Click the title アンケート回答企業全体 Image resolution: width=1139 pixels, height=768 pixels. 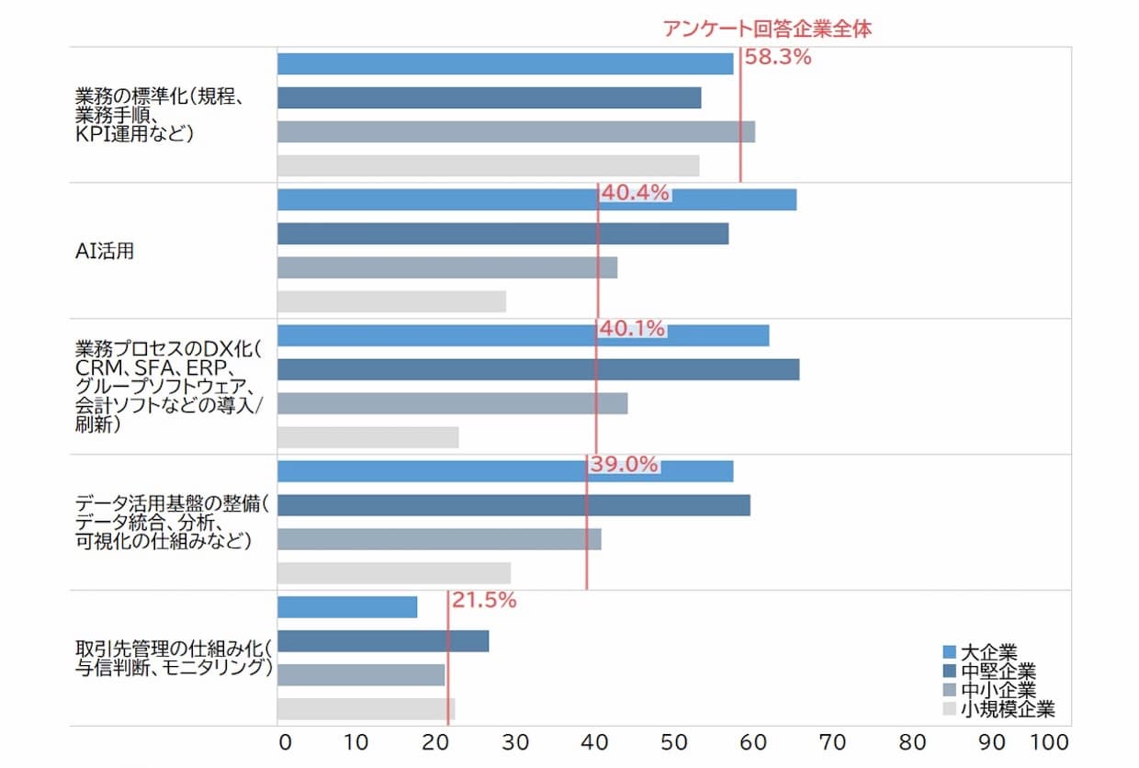pyautogui.click(x=767, y=28)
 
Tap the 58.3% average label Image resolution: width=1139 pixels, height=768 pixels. pyautogui.click(x=778, y=57)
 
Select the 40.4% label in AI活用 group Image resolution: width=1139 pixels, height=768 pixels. pyautogui.click(x=636, y=193)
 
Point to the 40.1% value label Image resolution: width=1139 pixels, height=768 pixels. pyautogui.click(x=632, y=329)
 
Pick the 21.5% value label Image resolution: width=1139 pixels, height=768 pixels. pyautogui.click(x=483, y=601)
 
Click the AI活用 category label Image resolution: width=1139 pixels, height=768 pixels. pyautogui.click(x=104, y=251)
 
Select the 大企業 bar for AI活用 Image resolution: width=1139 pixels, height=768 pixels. pyautogui.click(x=536, y=199)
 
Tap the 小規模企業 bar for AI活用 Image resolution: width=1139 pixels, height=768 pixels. pyautogui.click(x=391, y=301)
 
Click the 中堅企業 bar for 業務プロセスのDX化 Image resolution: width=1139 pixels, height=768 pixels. pyautogui.click(x=538, y=369)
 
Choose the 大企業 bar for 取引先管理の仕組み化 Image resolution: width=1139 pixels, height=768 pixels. pyautogui.click(x=347, y=607)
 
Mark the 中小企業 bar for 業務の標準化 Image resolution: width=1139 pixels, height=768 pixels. pyautogui.click(x=516, y=131)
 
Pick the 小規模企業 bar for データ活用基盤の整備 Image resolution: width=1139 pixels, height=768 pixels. pyautogui.click(x=394, y=573)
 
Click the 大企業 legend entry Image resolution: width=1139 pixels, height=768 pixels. pyautogui.click(x=988, y=653)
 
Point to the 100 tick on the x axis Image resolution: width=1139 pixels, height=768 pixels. pyautogui.click(x=1051, y=742)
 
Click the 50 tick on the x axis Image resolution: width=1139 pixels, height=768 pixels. pyautogui.click(x=674, y=742)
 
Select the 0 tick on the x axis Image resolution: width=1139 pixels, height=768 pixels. pyautogui.click(x=284, y=742)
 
